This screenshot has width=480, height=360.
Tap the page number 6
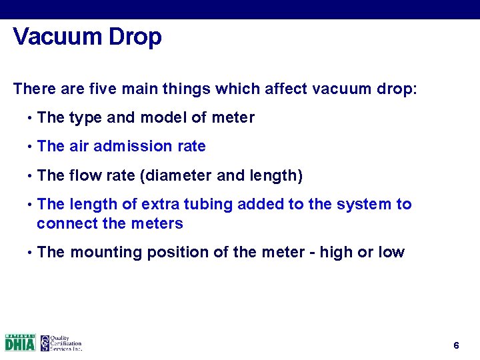[456, 345]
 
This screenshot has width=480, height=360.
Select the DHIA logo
[20, 343]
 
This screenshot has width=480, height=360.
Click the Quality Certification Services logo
[61, 343]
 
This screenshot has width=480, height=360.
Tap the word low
[391, 252]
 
